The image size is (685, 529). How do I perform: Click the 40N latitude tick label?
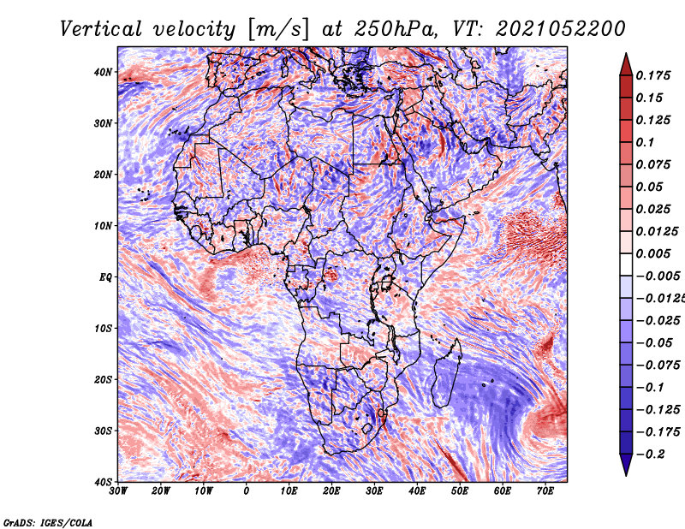pos(103,72)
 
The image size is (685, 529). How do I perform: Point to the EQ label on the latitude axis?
pos(105,277)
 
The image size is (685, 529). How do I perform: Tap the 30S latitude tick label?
pos(103,431)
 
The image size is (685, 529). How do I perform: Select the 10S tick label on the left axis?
pos(103,328)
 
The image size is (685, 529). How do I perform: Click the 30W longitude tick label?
pos(118,491)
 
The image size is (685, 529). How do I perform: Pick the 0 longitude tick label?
pos(247,491)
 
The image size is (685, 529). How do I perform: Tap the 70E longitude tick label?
pos(545,491)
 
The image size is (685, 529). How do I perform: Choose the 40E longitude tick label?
pos(417,491)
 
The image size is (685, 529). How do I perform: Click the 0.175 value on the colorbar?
pos(653,75)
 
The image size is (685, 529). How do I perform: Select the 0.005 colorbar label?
pos(653,253)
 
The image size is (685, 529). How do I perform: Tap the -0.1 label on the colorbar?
pos(651,388)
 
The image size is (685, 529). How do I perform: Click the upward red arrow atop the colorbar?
pos(626,65)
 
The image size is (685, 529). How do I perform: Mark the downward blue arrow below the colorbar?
pos(626,464)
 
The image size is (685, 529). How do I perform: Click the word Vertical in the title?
pos(101,29)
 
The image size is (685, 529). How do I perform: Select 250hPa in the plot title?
pos(396,29)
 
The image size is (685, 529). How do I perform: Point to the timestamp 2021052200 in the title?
pos(561,29)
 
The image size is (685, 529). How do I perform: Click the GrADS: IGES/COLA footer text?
pos(48,522)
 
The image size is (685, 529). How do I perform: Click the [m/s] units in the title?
pos(278,30)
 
